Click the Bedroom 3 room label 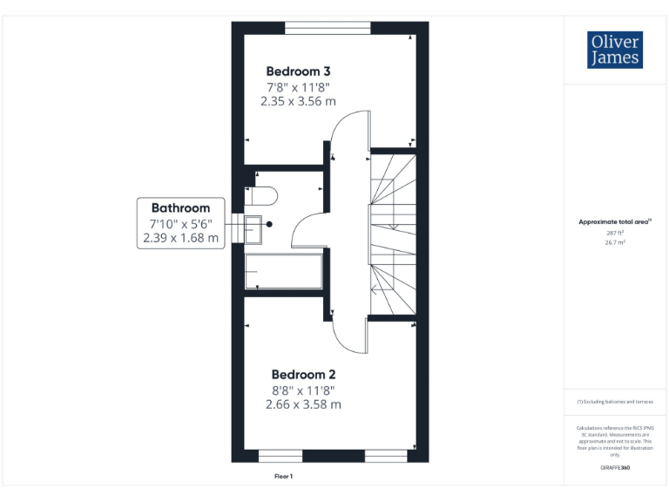pos(298,71)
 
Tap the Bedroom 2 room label pos(302,373)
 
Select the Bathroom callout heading pos(180,207)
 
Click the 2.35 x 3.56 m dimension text pos(298,101)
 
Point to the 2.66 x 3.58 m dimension pos(303,404)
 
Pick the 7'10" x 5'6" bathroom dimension pos(180,222)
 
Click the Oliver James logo pos(615,50)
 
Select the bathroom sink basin pos(254,230)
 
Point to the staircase pos(394,232)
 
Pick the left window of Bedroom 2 pos(280,456)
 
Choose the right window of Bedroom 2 pos(386,456)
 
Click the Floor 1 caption pos(284,477)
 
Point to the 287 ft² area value pos(615,234)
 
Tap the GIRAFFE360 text pos(615,468)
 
